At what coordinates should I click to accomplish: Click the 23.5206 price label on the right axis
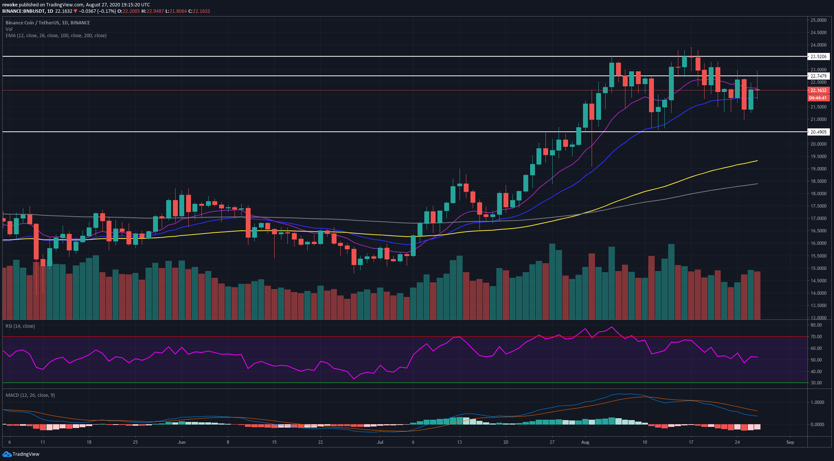coord(818,57)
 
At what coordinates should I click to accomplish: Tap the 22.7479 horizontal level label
coord(818,76)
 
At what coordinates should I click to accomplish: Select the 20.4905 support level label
coord(818,132)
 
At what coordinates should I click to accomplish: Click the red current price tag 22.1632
coord(818,90)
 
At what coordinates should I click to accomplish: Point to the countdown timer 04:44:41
coord(818,98)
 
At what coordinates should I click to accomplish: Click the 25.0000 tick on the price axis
coord(818,20)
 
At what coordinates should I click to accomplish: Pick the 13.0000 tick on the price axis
coord(818,318)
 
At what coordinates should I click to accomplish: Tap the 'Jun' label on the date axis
coord(182,442)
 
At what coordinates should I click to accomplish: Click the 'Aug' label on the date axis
coord(585,442)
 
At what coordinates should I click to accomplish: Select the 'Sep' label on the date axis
coord(790,442)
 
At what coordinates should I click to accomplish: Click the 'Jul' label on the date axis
coord(380,442)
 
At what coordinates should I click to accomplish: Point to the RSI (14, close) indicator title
coord(20,326)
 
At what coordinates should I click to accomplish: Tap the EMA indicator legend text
coord(56,36)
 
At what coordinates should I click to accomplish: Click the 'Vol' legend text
coord(9,29)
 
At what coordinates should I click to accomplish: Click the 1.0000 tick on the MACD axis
coord(814,402)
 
